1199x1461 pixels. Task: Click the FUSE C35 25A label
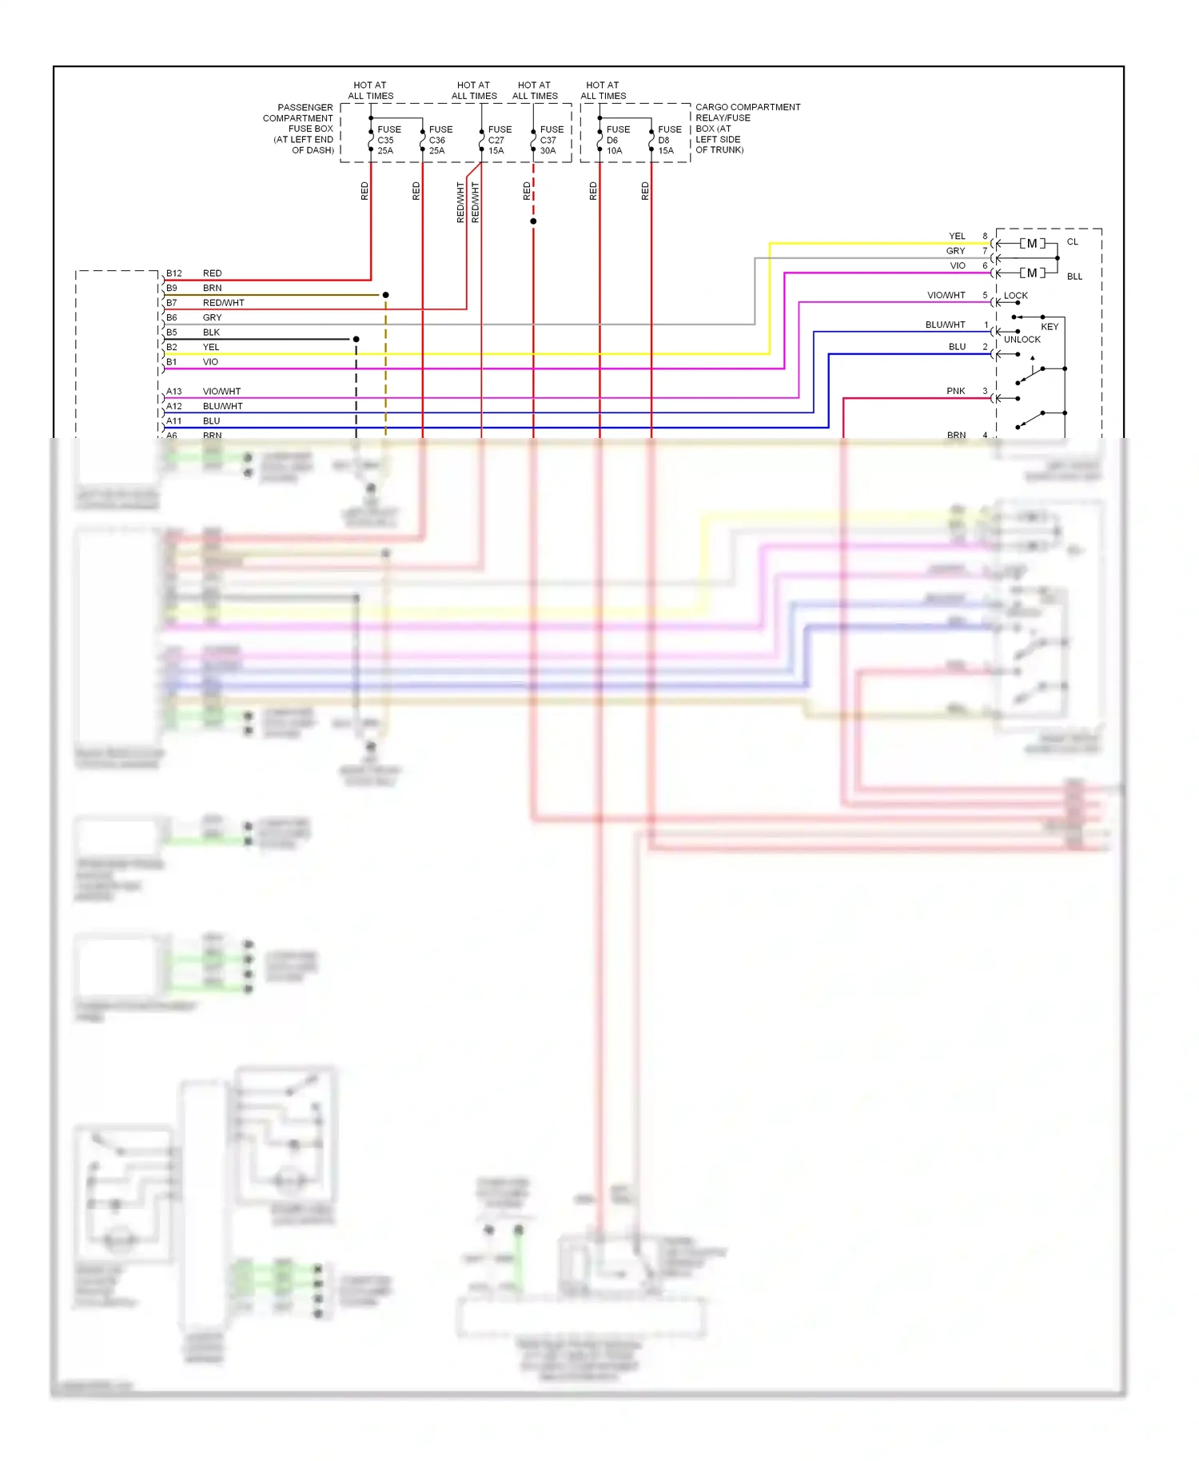(x=388, y=140)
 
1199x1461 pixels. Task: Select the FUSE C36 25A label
(x=440, y=140)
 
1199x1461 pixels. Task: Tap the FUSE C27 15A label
(x=500, y=140)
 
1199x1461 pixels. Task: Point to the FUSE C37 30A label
(x=552, y=140)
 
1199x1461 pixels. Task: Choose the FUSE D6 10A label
(x=618, y=140)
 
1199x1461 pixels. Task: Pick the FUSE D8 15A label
(x=670, y=140)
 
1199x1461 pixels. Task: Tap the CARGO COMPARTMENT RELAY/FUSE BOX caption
(x=747, y=128)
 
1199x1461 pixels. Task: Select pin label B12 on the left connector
(x=173, y=273)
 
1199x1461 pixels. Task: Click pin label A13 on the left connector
(x=173, y=392)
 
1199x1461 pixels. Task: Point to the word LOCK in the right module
(x=1015, y=296)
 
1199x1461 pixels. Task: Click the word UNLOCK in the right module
(x=1022, y=340)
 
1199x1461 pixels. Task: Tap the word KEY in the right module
(x=1049, y=327)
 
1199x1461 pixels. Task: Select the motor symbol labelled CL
(x=1032, y=244)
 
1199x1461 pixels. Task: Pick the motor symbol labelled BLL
(x=1032, y=273)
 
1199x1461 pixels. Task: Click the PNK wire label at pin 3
(x=955, y=392)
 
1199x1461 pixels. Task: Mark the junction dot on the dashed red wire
(x=533, y=221)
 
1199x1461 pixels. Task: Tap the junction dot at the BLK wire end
(x=356, y=340)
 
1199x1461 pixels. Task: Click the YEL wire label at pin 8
(x=957, y=237)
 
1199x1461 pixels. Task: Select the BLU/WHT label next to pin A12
(x=222, y=407)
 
